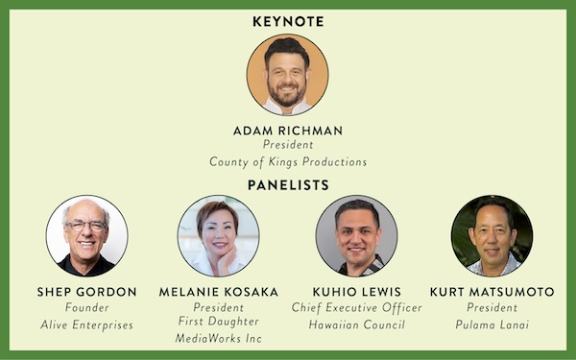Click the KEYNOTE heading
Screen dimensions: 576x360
point(288,22)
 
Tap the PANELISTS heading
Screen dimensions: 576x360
point(288,185)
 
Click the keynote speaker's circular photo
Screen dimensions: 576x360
point(288,75)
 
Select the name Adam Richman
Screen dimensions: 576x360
point(288,131)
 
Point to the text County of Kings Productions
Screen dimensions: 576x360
point(288,162)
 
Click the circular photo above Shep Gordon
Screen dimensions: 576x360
point(87,236)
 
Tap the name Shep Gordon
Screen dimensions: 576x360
point(86,292)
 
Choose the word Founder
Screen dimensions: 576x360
point(87,307)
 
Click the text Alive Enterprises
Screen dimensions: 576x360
point(86,324)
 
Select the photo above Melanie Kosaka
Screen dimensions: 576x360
point(219,236)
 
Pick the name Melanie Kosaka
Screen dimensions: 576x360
point(219,292)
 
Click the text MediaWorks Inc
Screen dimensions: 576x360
point(219,338)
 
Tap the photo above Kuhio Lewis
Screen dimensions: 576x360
point(356,236)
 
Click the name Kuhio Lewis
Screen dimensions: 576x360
point(357,292)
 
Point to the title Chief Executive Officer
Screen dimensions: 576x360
point(357,307)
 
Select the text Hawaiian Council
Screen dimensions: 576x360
point(357,324)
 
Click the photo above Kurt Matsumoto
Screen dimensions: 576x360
point(492,236)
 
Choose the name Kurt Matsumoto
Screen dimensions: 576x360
point(492,292)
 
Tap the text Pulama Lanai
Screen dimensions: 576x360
point(492,324)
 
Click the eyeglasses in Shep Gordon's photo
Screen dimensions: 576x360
point(86,226)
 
